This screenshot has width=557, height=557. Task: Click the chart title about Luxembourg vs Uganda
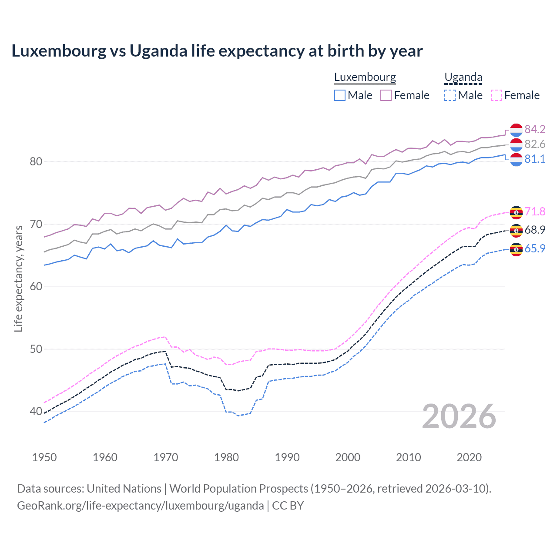pos(217,51)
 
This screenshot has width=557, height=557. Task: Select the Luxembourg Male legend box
pos(340,95)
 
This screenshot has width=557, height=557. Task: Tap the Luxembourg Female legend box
pos(386,95)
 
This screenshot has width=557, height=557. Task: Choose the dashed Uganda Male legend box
pos(450,95)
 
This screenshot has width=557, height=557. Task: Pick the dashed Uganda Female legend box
pos(496,95)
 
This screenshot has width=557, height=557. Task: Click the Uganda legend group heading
pos(463,77)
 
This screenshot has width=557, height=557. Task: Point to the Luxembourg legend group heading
pos(365,77)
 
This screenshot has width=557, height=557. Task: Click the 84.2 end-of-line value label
pos(535,129)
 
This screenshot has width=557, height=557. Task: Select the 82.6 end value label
pos(535,144)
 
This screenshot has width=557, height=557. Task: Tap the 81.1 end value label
pos(535,159)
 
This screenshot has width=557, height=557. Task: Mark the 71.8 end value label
pos(535,211)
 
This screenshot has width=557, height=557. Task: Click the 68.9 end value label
pos(535,230)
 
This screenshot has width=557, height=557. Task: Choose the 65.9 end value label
pos(535,248)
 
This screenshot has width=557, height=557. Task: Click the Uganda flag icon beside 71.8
pos(516,212)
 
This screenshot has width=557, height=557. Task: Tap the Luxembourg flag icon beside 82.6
pos(516,144)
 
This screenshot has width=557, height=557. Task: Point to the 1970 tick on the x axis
pos(166,457)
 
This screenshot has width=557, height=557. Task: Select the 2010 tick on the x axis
pos(408,457)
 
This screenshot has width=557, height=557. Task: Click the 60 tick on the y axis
pos(36,286)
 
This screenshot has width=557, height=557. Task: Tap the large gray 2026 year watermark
pos(459,416)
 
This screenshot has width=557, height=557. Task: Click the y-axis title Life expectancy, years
pos(18,278)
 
